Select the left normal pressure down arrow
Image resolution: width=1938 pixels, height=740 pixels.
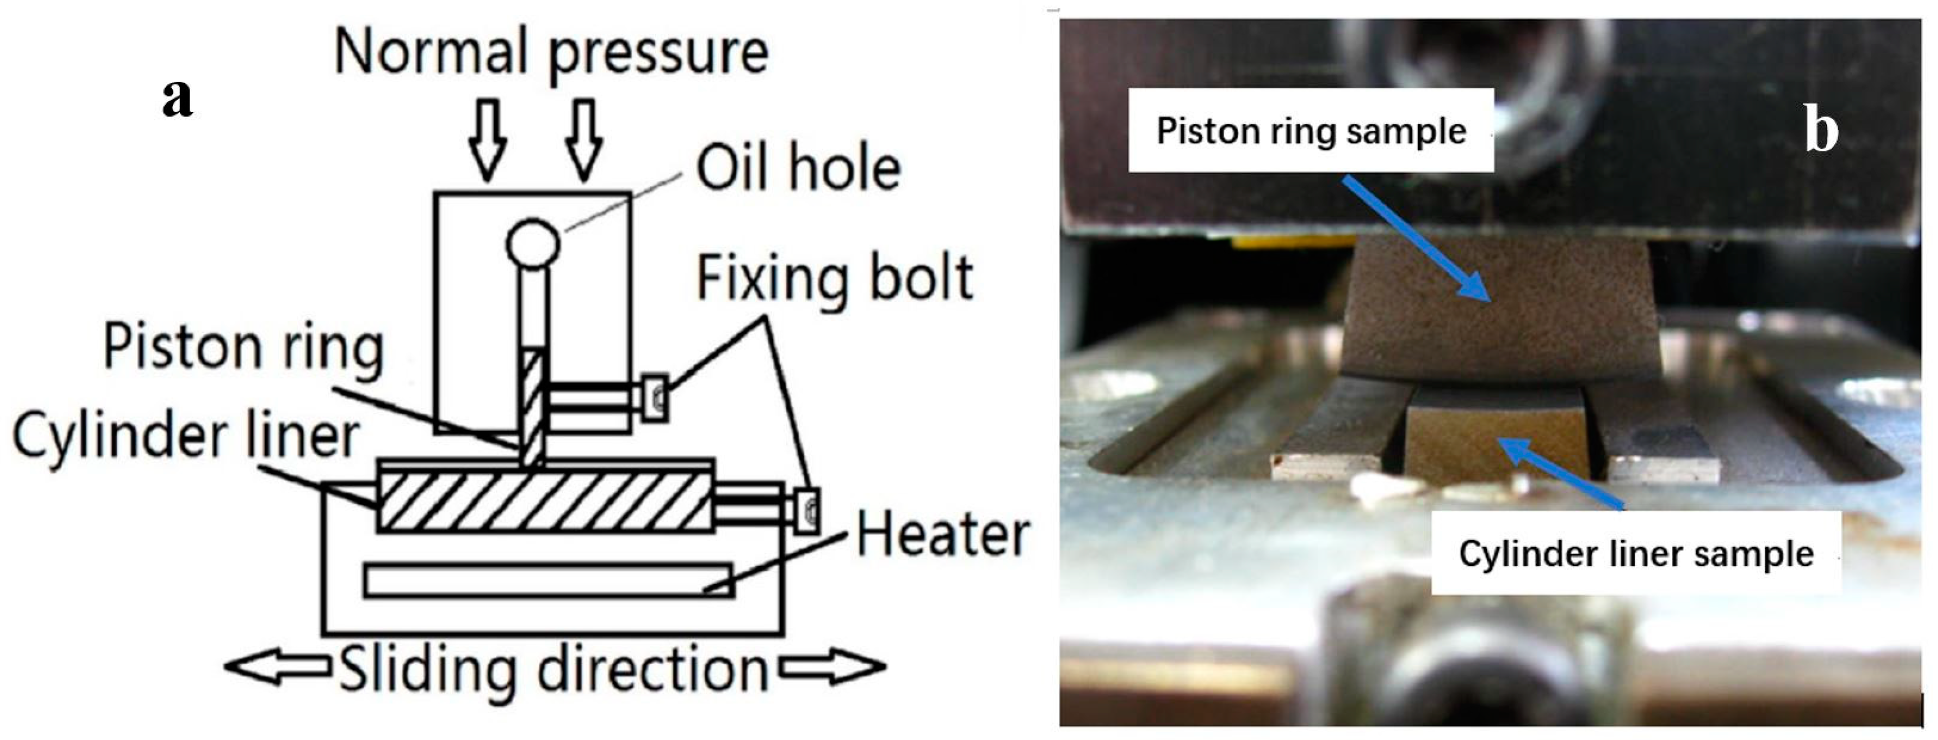pyautogui.click(x=487, y=139)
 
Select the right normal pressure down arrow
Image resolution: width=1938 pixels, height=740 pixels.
pyautogui.click(x=584, y=139)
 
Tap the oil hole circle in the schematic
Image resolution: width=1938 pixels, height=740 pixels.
pyautogui.click(x=533, y=243)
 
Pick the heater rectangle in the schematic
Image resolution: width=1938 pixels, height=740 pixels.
pyautogui.click(x=548, y=580)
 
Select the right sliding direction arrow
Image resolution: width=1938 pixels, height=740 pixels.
pyautogui.click(x=831, y=667)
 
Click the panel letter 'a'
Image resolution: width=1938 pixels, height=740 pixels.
pyautogui.click(x=177, y=98)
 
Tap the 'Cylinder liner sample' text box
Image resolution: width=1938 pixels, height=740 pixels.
pyautogui.click(x=1636, y=553)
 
